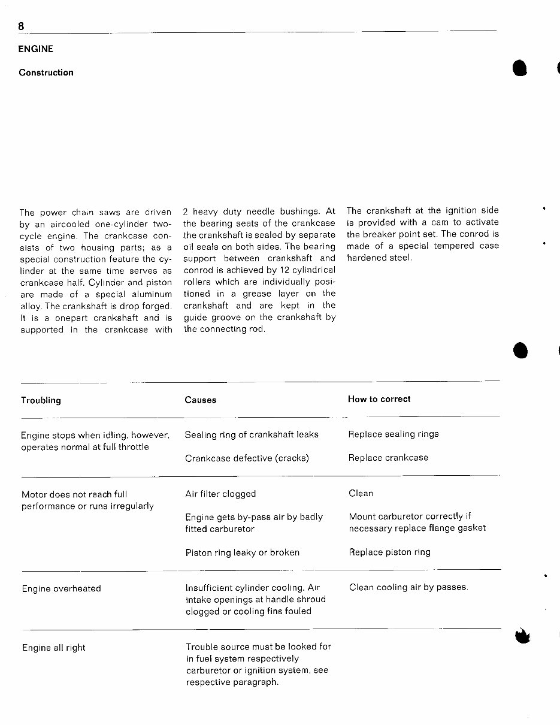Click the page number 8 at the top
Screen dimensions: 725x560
pos(22,26)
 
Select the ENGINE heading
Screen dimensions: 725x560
pos(35,49)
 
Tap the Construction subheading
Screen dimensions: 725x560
pos(46,72)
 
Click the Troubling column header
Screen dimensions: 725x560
pos(41,400)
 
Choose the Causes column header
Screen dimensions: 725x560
pos(201,400)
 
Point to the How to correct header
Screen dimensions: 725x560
pos(379,399)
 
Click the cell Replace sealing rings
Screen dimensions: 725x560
pos(393,434)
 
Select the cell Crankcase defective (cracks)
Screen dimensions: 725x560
pos(247,458)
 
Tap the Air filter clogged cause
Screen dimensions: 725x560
pos(220,494)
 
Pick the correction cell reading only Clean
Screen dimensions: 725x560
pos(361,493)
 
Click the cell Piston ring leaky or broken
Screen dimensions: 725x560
pos(242,552)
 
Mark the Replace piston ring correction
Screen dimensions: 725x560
pos(389,552)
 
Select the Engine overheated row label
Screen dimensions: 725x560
pos(61,588)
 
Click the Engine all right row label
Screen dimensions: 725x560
pos(54,648)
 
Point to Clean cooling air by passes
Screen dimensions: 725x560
pos(408,587)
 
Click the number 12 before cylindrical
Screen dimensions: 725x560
pos(268,270)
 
